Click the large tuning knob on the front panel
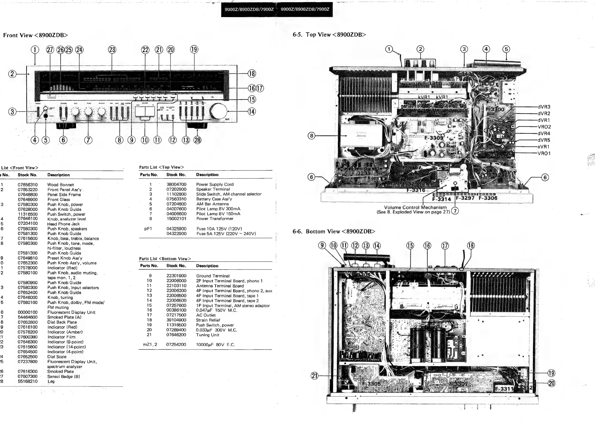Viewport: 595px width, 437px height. [x=218, y=112]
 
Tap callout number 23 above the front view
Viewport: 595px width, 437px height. [x=112, y=50]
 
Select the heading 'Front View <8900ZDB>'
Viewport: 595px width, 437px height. [x=35, y=35]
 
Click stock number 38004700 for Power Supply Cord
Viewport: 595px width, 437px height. [x=176, y=184]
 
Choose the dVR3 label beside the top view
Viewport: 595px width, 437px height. [x=544, y=107]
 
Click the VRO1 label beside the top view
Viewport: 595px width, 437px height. [x=544, y=153]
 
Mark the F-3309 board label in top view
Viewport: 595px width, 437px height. [x=434, y=138]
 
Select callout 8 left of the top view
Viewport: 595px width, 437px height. [x=312, y=135]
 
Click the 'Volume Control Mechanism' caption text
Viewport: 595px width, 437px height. [x=415, y=207]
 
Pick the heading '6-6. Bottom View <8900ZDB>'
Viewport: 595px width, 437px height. [x=334, y=231]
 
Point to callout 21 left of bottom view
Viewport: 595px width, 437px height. [x=314, y=375]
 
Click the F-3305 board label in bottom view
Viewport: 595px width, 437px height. [x=371, y=384]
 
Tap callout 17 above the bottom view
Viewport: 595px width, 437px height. [x=445, y=246]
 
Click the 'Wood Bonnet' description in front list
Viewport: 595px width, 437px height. [x=60, y=185]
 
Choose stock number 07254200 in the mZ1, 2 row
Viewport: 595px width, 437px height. [x=176, y=345]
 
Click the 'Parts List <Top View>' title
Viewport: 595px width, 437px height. [x=161, y=167]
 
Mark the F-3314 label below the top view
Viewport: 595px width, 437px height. [x=441, y=199]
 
